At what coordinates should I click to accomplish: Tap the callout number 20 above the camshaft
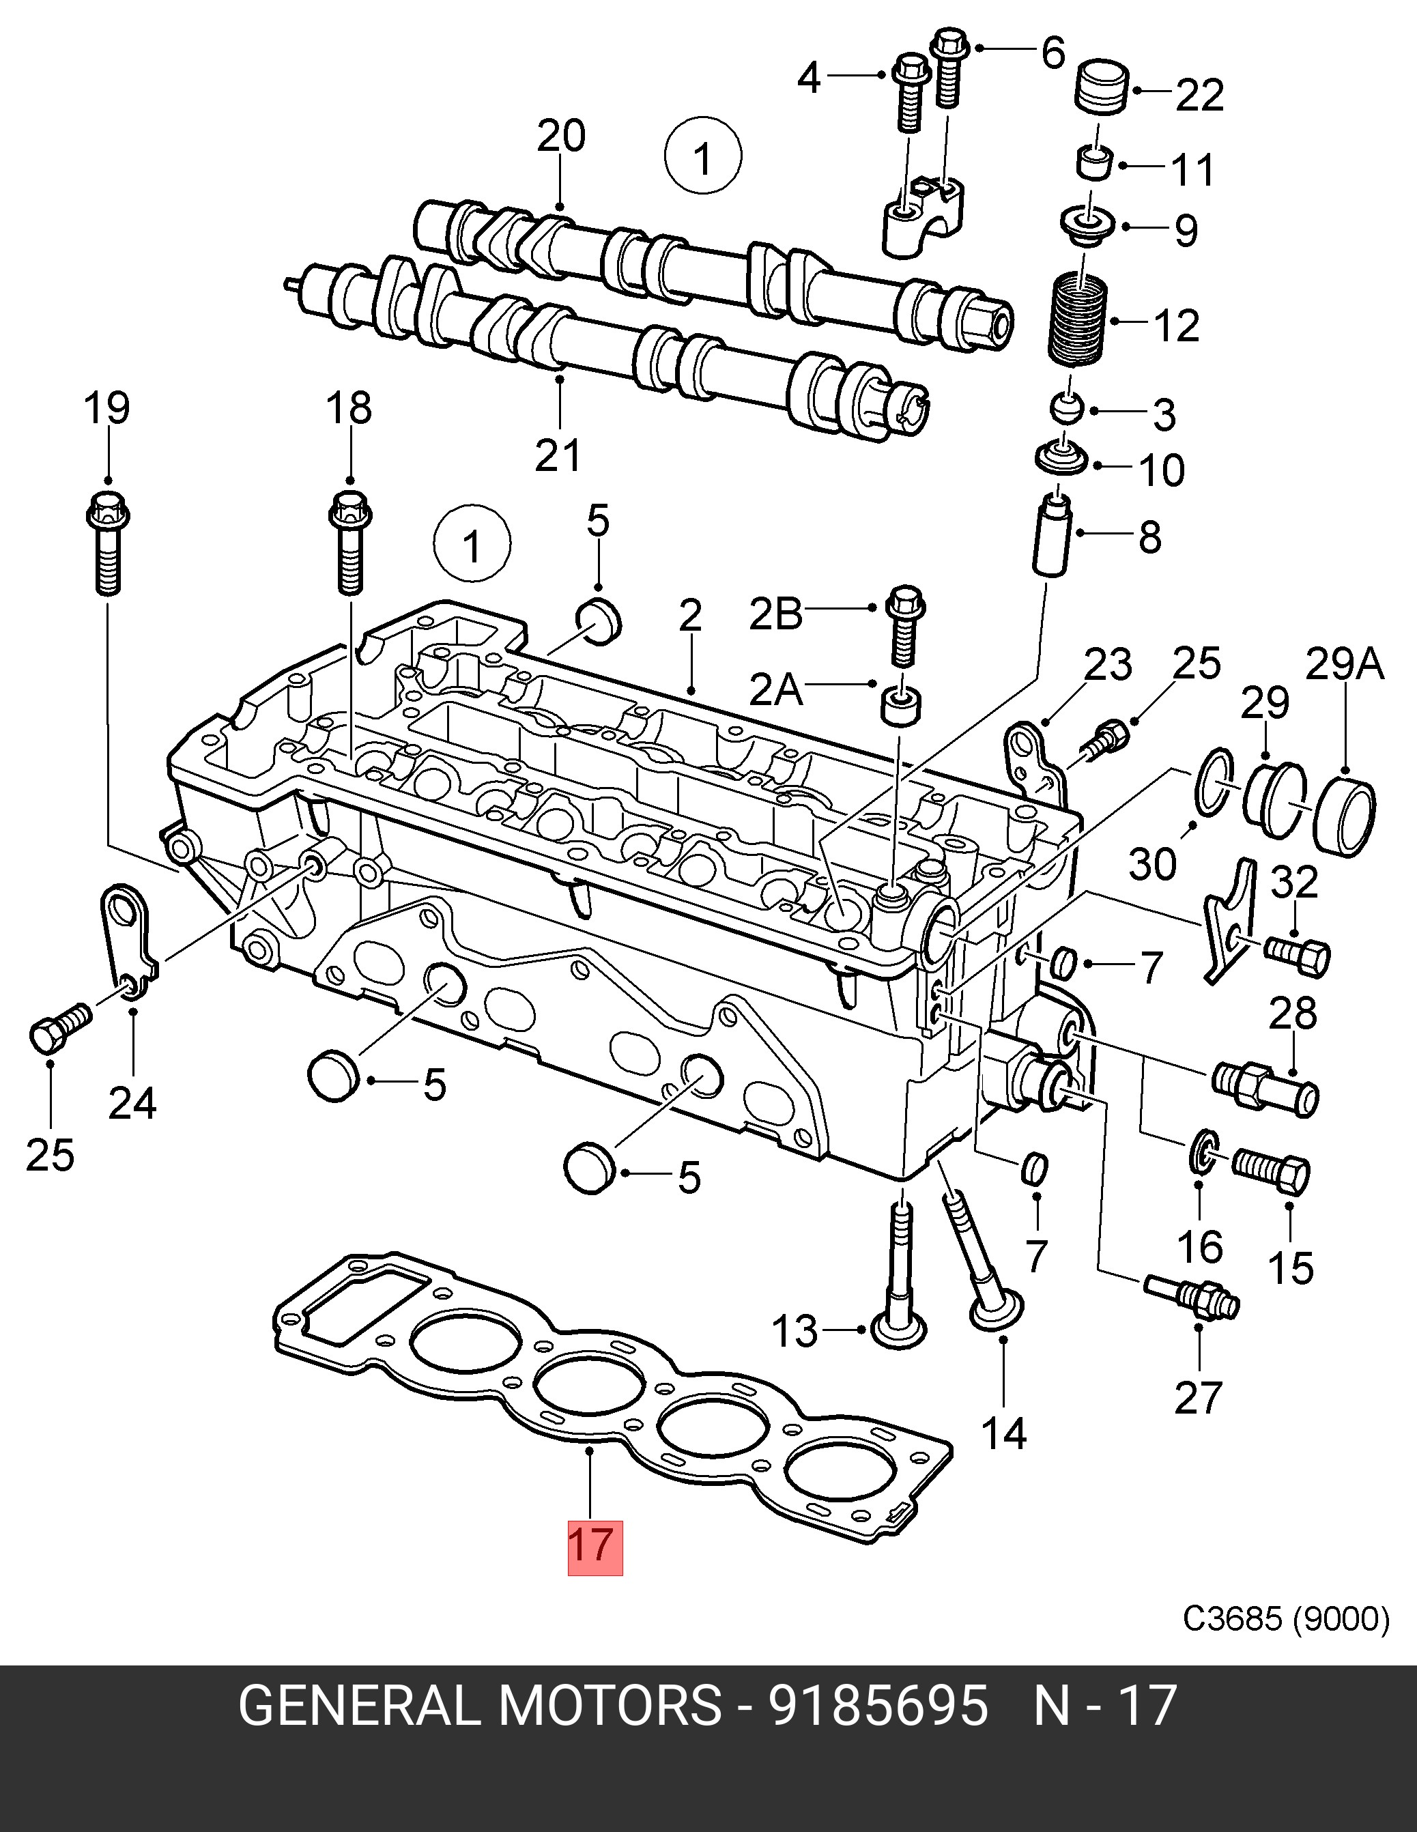561,136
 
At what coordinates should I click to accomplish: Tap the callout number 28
1293,1014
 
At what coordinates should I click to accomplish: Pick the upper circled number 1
703,157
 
